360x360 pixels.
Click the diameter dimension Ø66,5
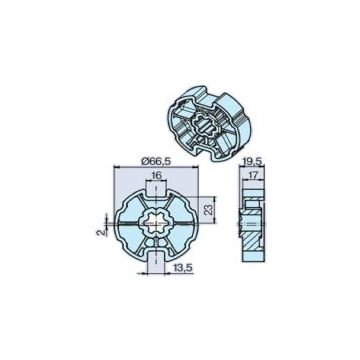click(x=149, y=160)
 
